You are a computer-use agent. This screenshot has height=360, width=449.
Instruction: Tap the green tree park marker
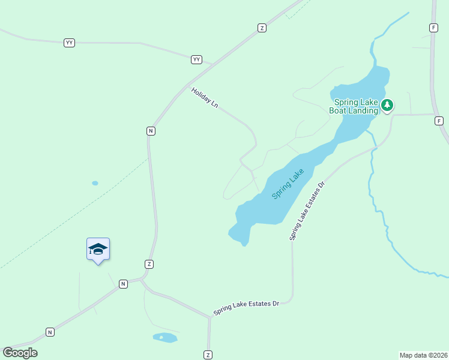tap(387, 106)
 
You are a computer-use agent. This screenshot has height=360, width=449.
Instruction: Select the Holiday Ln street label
tap(205, 98)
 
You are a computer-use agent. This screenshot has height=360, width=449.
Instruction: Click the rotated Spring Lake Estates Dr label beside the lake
tap(307, 209)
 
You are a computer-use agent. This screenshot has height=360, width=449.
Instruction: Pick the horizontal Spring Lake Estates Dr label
tap(246, 308)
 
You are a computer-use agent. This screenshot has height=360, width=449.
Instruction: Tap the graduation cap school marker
tap(98, 249)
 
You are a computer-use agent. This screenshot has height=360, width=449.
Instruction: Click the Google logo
tap(20, 352)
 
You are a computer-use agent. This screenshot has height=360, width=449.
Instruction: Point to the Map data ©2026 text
tap(423, 355)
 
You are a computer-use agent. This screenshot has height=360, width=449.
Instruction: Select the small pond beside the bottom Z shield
tap(165, 338)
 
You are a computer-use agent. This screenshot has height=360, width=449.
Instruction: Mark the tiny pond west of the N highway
tap(95, 183)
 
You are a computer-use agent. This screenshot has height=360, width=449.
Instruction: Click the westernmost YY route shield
tap(70, 43)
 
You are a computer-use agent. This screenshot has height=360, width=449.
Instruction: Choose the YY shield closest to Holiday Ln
tap(197, 59)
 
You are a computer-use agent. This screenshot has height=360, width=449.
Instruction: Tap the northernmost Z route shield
tap(262, 28)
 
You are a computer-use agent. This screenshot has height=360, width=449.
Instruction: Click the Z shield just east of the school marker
tap(149, 264)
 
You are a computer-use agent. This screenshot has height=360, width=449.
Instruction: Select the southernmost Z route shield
tap(208, 355)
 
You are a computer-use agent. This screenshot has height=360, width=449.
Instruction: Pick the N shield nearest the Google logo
tap(50, 332)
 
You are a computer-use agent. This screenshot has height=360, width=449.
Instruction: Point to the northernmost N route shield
tap(151, 131)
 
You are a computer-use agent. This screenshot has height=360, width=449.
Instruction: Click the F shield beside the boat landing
tap(439, 121)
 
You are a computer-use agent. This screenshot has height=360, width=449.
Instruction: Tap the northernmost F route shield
tap(433, 28)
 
